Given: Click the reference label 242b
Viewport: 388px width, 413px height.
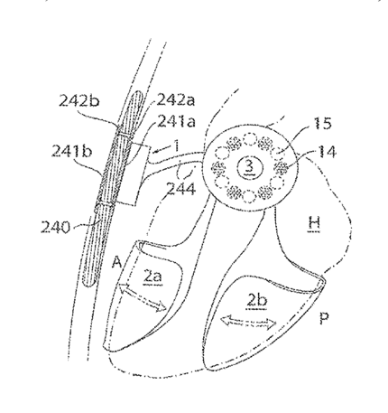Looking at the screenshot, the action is point(79,101).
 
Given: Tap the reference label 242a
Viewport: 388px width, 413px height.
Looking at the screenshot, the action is point(176,99).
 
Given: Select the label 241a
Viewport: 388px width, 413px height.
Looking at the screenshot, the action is point(177,121).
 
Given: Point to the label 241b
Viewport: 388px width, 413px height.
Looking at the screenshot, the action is point(71,151).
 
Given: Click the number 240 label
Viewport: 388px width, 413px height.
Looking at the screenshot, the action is point(55,228).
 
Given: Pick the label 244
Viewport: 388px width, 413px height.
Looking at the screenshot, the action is point(181,189).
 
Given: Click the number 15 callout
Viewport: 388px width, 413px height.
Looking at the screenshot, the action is point(322,123).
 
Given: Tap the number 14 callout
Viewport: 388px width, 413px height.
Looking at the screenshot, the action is point(327,152).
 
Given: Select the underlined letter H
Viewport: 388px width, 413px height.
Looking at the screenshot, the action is point(314,223).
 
